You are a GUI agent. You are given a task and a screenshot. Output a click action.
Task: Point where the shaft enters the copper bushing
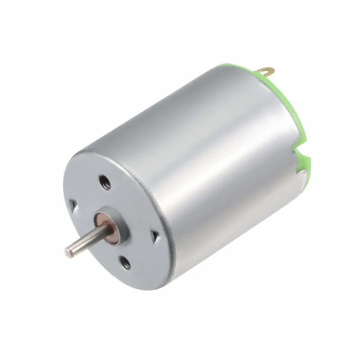[96, 226]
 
